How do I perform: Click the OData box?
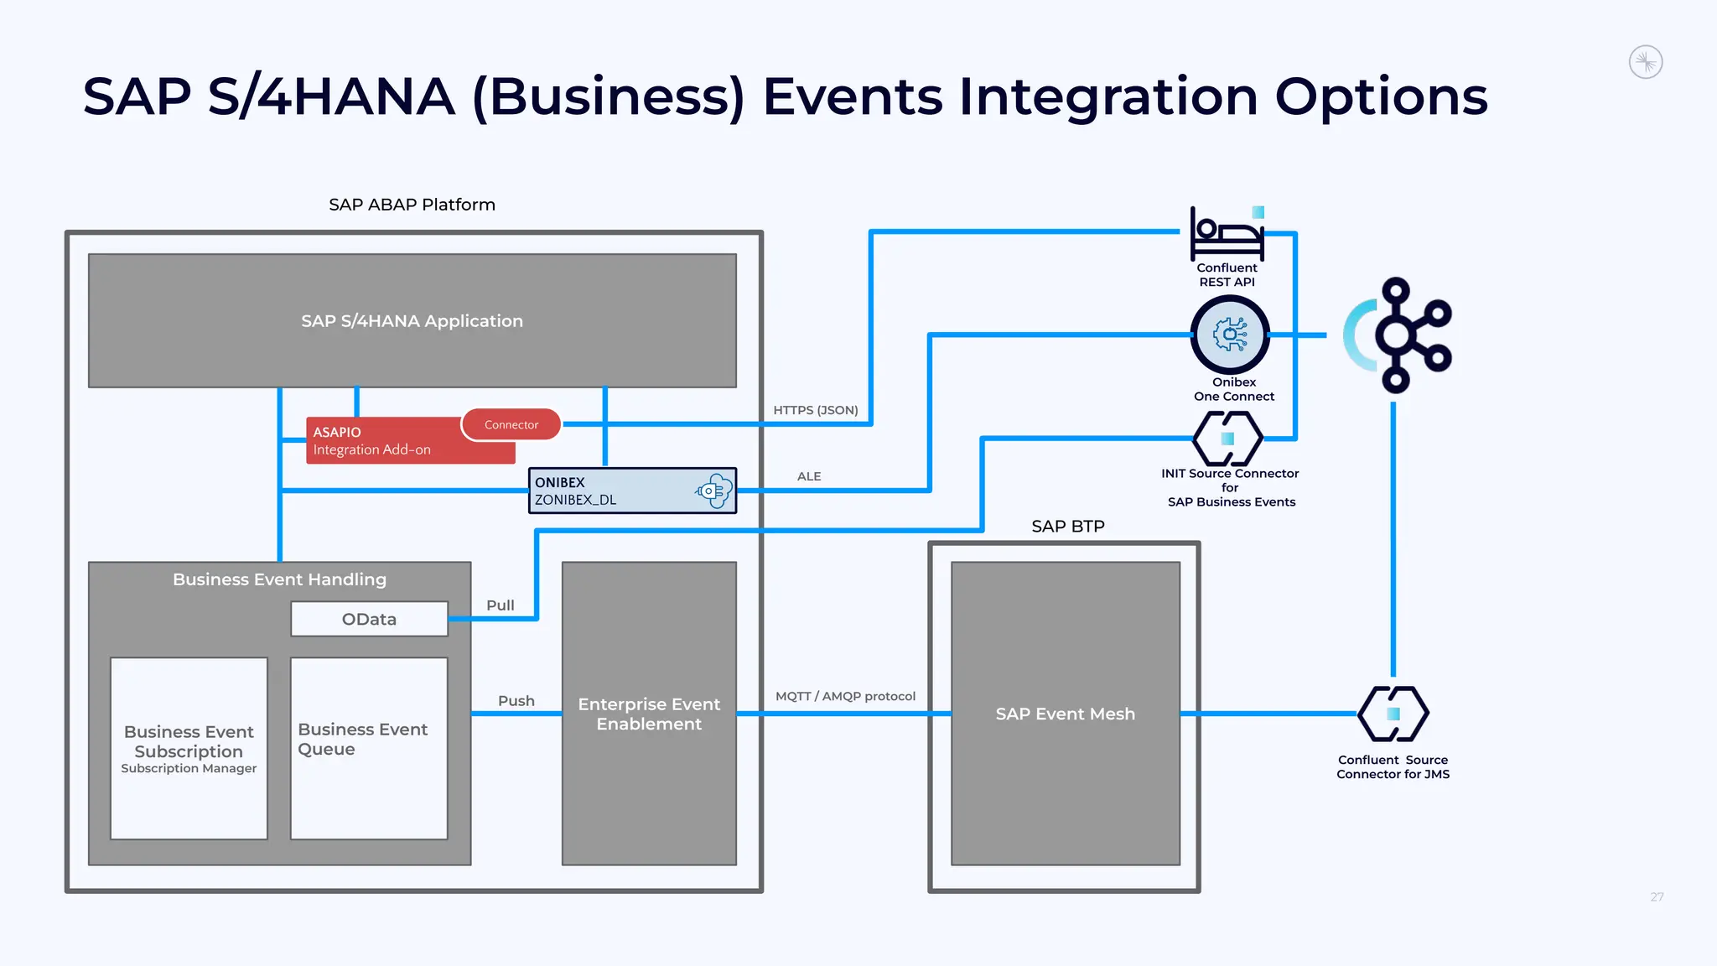pos(369,619)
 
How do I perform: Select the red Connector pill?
pos(511,425)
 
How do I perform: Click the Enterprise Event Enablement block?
pos(649,714)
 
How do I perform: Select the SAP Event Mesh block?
pos(1065,714)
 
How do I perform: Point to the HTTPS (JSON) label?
pos(815,410)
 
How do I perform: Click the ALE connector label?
pos(809,476)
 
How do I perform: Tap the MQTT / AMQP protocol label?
pos(845,696)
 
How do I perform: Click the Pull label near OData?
pos(501,605)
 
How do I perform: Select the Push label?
pos(516,701)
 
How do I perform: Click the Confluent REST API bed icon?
pos(1227,235)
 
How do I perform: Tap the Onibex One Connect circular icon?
pos(1230,335)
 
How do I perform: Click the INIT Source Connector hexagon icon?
pos(1227,439)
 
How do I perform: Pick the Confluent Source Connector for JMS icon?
pos(1393,714)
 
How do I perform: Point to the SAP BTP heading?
pos(1067,527)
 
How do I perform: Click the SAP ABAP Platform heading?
pos(412,205)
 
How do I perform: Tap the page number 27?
pos(1657,897)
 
